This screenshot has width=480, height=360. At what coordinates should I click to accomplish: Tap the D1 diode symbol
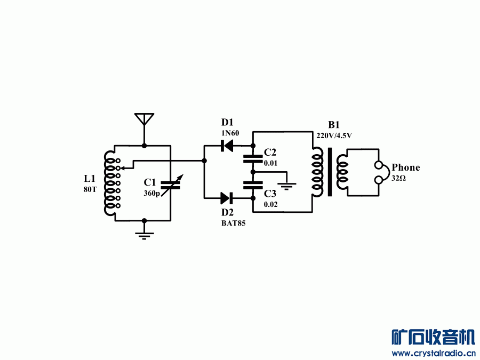pyautogui.click(x=228, y=145)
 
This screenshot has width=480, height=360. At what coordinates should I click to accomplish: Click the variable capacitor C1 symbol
pyautogui.click(x=171, y=185)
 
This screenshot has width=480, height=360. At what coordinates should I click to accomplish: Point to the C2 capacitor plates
pyautogui.click(x=253, y=158)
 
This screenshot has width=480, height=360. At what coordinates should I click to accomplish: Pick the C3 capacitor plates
pyautogui.click(x=253, y=185)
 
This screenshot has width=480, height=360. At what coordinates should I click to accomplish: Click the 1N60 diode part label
pyautogui.click(x=230, y=133)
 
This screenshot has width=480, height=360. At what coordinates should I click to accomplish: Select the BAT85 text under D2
pyautogui.click(x=234, y=223)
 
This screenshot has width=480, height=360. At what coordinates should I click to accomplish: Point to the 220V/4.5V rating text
pyautogui.click(x=334, y=136)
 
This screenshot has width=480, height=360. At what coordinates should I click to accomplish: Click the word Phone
pyautogui.click(x=406, y=167)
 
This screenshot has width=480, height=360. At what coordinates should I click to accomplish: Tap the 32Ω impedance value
pyautogui.click(x=398, y=178)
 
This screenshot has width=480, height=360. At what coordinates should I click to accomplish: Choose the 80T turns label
pyautogui.click(x=90, y=189)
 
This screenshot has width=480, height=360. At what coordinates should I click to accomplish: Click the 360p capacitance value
pyautogui.click(x=151, y=194)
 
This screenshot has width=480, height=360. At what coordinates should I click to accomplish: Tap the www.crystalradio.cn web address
pyautogui.click(x=433, y=353)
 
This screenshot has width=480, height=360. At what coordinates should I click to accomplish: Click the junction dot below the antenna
pyautogui.click(x=144, y=145)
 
